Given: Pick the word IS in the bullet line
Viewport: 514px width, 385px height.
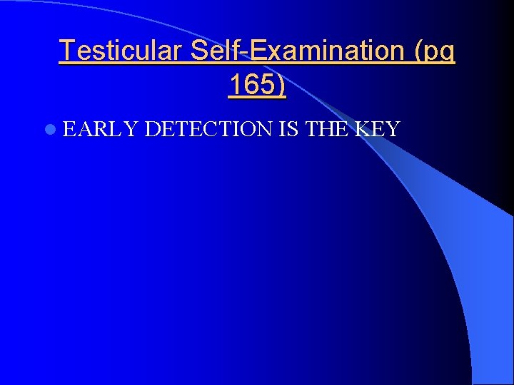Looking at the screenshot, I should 291,129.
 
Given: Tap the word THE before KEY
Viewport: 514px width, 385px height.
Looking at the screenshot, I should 328,129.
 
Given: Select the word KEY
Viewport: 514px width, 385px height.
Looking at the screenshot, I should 378,129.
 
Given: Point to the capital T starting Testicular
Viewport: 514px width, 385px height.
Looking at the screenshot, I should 66,51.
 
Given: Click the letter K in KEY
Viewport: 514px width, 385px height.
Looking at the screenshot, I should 363,129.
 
